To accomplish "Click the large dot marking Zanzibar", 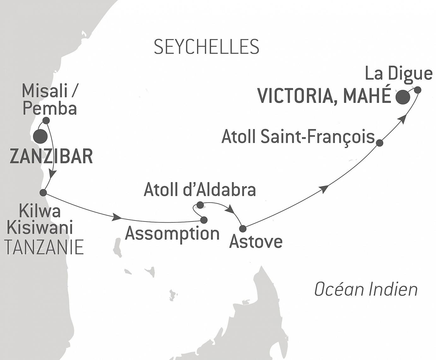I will pos(40,136).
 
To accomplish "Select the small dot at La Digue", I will pos(417,90).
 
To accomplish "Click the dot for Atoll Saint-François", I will pos(380,143).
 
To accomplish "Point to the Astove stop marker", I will pos(243,228).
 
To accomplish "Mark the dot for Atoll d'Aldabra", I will pos(200,205).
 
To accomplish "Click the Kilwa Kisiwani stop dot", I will pos(43,192).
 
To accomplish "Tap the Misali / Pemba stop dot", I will pos(46,120).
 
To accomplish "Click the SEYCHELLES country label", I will pos(206,47).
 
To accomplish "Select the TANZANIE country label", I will pos(44,247).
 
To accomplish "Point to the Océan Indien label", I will pos(366,289).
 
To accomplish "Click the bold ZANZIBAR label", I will pos(51,156).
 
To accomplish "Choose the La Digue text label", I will pos(398,74).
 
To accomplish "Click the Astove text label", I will pos(256,242).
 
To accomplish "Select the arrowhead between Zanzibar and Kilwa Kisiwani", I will pos(53,174).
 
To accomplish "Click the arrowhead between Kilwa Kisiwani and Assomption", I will pos(117,217).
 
